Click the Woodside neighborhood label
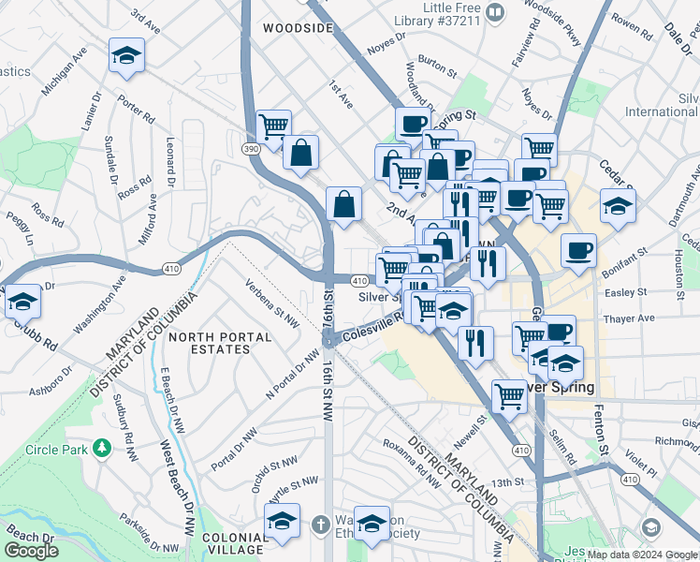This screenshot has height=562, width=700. (298, 28)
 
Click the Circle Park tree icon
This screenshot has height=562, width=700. (102, 450)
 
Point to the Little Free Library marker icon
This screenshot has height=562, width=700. (496, 12)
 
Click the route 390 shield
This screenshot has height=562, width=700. (251, 149)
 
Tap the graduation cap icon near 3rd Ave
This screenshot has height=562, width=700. (126, 55)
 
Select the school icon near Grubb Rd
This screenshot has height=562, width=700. (22, 302)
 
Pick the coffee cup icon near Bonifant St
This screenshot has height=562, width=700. (578, 250)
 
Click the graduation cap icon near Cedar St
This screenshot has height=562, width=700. (618, 207)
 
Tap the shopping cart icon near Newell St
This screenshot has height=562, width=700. (509, 396)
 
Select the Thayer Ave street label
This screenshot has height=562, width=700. (629, 318)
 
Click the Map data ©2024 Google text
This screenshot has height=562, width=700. (642, 555)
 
